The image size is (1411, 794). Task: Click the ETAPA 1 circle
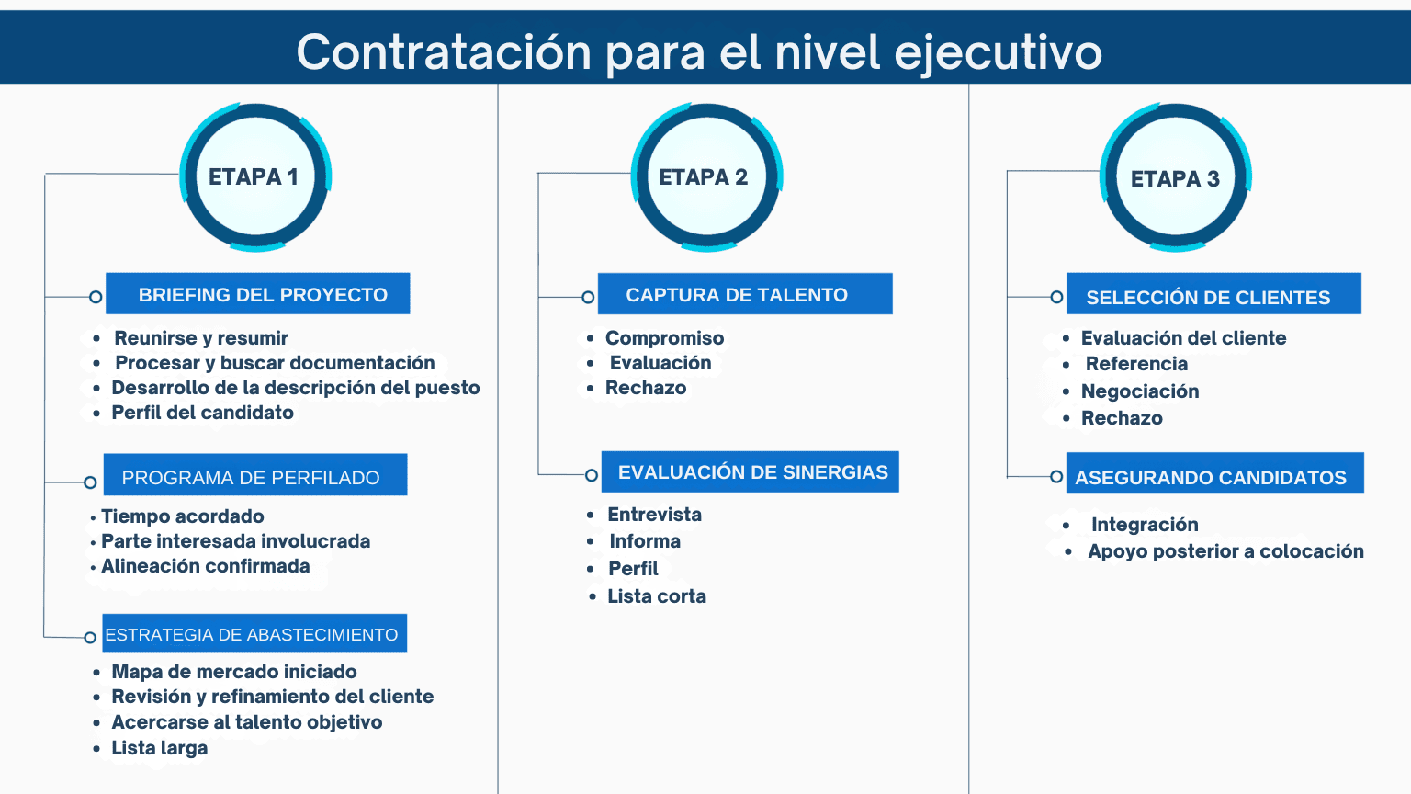pyautogui.click(x=254, y=177)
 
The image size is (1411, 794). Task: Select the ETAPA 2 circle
pyautogui.click(x=705, y=177)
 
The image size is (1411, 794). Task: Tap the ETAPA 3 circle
pyautogui.click(x=1175, y=178)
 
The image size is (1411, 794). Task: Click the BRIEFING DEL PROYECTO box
pyautogui.click(x=258, y=294)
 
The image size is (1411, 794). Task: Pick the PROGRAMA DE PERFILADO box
pyautogui.click(x=255, y=475)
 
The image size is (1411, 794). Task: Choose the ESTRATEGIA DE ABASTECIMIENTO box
pyautogui.click(x=254, y=634)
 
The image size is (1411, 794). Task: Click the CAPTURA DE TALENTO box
pyautogui.click(x=745, y=294)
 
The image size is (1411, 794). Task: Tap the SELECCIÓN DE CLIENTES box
pyautogui.click(x=1213, y=295)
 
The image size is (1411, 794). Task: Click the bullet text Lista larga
pyautogui.click(x=160, y=748)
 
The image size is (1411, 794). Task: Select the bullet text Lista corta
pyautogui.click(x=657, y=596)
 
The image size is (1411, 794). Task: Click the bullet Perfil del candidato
pyautogui.click(x=203, y=413)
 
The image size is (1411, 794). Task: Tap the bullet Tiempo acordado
pyautogui.click(x=183, y=516)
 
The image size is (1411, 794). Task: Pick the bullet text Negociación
pyautogui.click(x=1140, y=391)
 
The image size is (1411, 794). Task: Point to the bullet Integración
pyautogui.click(x=1145, y=525)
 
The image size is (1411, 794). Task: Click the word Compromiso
pyautogui.click(x=665, y=338)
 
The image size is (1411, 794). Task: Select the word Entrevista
pyautogui.click(x=655, y=515)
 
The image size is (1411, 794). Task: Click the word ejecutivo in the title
pyautogui.click(x=998, y=51)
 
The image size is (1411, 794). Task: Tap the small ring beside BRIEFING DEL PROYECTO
pyautogui.click(x=96, y=297)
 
